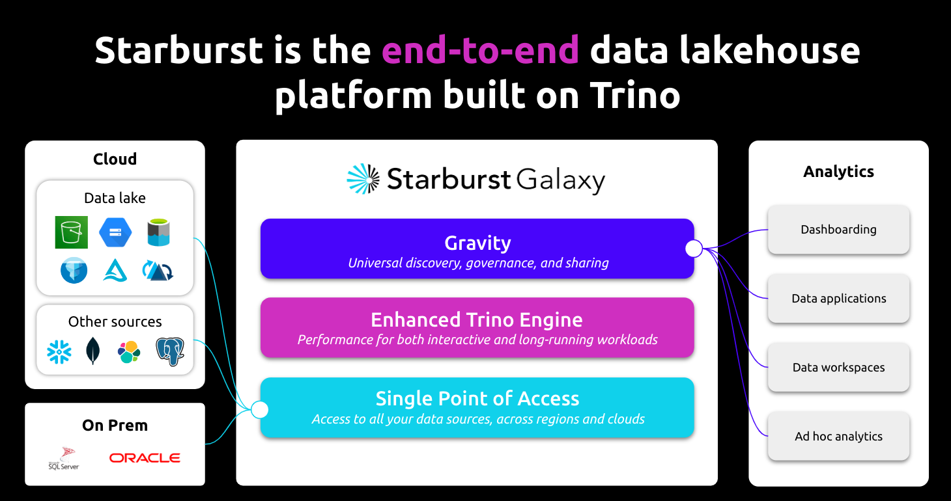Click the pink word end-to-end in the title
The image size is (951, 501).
point(480,50)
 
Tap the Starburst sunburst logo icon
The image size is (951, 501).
point(363,179)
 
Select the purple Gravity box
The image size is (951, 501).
point(477,249)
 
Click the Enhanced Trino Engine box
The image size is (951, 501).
point(477,327)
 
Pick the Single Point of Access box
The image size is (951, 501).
point(477,407)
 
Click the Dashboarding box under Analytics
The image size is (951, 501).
point(838,230)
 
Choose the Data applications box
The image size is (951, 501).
point(838,299)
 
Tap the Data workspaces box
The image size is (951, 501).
point(838,368)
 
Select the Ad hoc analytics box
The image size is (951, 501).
point(838,437)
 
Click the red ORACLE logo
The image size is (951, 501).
point(145,458)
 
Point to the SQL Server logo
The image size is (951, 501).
point(64,458)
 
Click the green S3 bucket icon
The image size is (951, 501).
point(71,232)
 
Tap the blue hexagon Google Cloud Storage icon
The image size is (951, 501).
point(115,232)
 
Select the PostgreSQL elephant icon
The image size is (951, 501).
point(170,352)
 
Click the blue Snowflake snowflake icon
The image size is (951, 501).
point(59,352)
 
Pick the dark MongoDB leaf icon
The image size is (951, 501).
point(93,352)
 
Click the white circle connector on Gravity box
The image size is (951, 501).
point(694,249)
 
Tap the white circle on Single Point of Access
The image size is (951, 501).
point(260,409)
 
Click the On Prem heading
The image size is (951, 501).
point(115,426)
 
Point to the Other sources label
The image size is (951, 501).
point(115,321)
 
